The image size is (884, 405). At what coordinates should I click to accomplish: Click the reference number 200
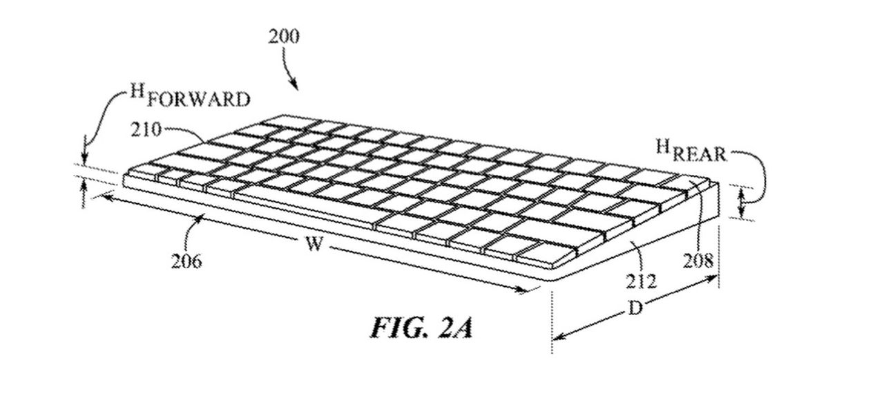point(283,37)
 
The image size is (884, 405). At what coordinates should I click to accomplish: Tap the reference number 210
point(148,129)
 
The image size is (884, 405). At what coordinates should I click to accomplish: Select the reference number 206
point(186,261)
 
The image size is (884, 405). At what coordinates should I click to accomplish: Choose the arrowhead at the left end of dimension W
point(105,196)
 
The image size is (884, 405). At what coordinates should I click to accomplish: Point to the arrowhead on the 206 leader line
point(204,218)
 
